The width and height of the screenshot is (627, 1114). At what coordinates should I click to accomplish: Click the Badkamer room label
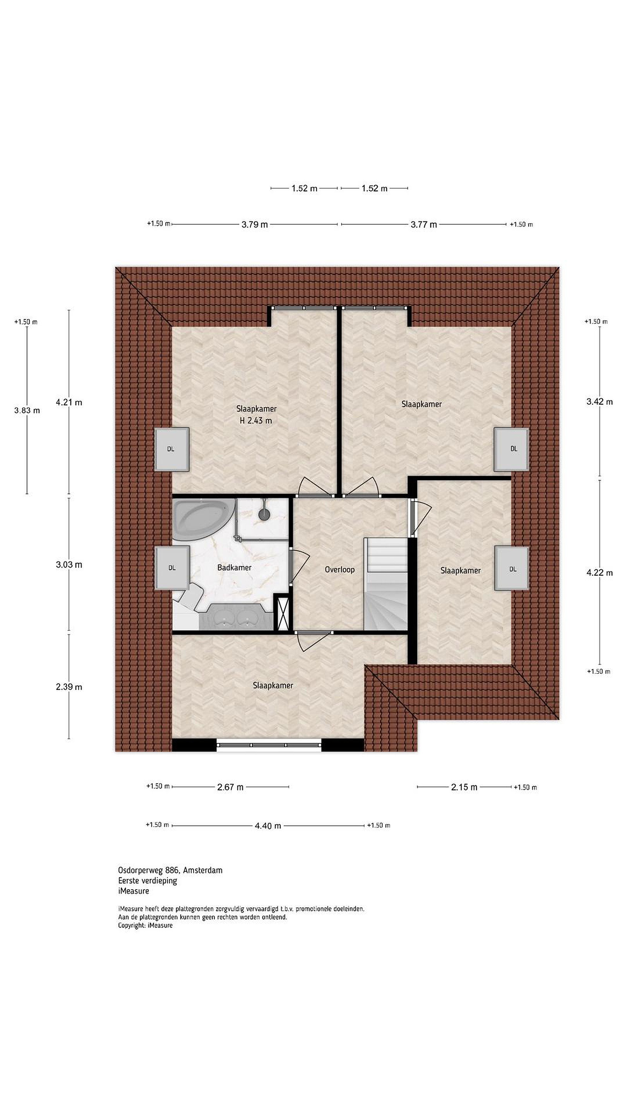[234, 567]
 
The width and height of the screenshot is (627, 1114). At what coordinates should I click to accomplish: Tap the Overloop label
[340, 569]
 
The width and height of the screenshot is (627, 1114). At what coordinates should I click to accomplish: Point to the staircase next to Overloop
[385, 584]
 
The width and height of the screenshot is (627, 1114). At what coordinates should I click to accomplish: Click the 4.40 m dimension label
[268, 825]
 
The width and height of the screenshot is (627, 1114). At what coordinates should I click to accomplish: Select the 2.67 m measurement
[230, 787]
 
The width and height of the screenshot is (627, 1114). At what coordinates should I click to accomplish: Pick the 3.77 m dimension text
[424, 224]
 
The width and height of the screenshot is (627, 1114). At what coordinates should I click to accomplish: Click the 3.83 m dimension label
[27, 410]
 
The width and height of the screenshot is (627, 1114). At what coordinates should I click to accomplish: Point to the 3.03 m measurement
[69, 564]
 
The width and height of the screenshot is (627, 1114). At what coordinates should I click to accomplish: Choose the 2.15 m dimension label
[464, 787]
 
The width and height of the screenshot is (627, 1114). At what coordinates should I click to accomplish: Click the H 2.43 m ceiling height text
[256, 420]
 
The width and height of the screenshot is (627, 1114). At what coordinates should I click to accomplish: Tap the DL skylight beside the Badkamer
[172, 568]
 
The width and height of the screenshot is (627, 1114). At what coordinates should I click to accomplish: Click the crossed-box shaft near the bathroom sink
[283, 613]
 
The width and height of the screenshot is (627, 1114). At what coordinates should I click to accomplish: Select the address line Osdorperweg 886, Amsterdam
[170, 870]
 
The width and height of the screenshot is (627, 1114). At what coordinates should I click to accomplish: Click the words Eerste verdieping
[147, 880]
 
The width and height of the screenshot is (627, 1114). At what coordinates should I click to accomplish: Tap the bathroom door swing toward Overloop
[300, 566]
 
